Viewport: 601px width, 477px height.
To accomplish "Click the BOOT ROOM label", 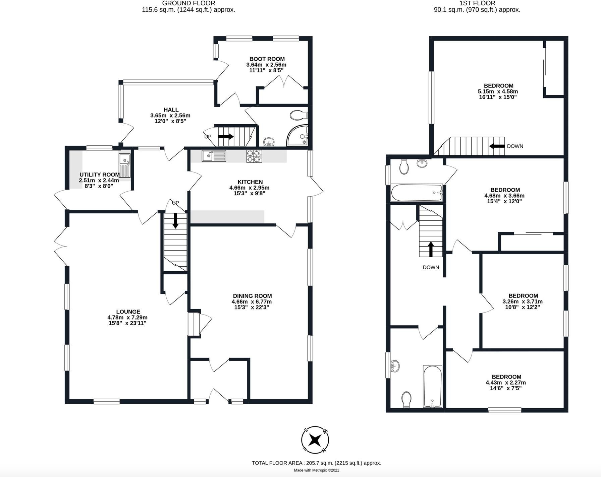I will (267, 59).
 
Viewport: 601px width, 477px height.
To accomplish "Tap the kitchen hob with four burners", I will (254, 156).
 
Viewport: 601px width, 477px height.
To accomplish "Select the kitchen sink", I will (214, 156).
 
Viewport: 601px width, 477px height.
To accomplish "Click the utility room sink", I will (124, 165).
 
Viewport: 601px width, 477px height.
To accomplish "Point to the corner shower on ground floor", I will (298, 136).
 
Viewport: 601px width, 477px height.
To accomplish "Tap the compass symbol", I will (315, 439).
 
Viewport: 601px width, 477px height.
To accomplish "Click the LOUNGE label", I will (128, 312).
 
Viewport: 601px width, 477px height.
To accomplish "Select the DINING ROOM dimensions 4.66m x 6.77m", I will (252, 301).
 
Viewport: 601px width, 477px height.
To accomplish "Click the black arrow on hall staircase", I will (226, 137).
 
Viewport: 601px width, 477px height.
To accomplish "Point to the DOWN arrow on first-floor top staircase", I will (497, 146).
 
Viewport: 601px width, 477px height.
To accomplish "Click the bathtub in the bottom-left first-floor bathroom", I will (433, 386).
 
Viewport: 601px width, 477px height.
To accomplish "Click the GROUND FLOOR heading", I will (188, 3).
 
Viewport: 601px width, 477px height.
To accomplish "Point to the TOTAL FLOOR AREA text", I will (316, 463).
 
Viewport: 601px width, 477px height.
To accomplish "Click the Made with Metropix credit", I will (316, 470).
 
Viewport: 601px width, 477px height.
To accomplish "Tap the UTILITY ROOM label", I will (99, 175).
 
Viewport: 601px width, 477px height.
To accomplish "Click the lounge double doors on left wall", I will (60, 247).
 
